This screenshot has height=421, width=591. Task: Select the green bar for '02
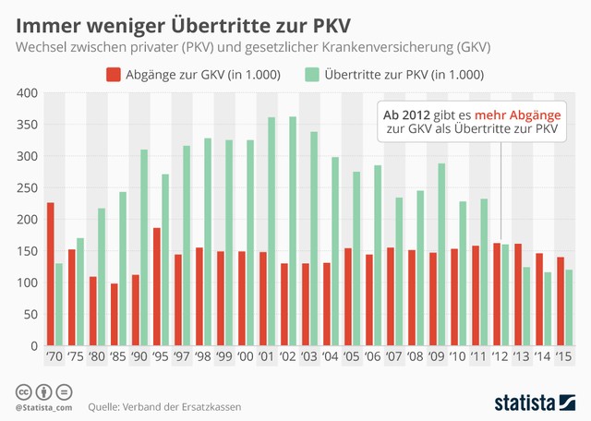click(293, 231)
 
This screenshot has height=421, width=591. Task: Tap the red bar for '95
click(156, 286)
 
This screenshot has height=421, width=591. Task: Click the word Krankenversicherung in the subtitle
click(380, 45)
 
